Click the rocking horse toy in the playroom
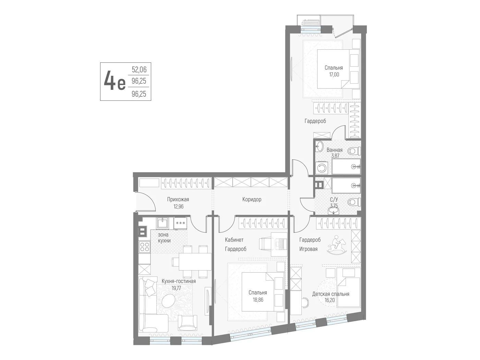point(337,245)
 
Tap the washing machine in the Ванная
point(321,168)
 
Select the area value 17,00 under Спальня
point(334,74)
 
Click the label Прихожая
point(178,199)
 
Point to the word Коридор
point(252,199)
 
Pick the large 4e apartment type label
point(115,82)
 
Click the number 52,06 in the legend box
point(139,70)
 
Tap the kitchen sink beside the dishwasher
point(162,223)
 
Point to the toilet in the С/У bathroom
point(353,201)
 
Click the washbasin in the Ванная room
point(320,146)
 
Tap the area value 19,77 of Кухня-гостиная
point(176,288)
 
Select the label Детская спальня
point(331,294)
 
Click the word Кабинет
point(234,240)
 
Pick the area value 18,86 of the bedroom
point(258,300)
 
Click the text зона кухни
point(164,238)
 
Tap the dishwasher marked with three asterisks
point(180,223)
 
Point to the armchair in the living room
point(188,323)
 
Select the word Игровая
point(308,249)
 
